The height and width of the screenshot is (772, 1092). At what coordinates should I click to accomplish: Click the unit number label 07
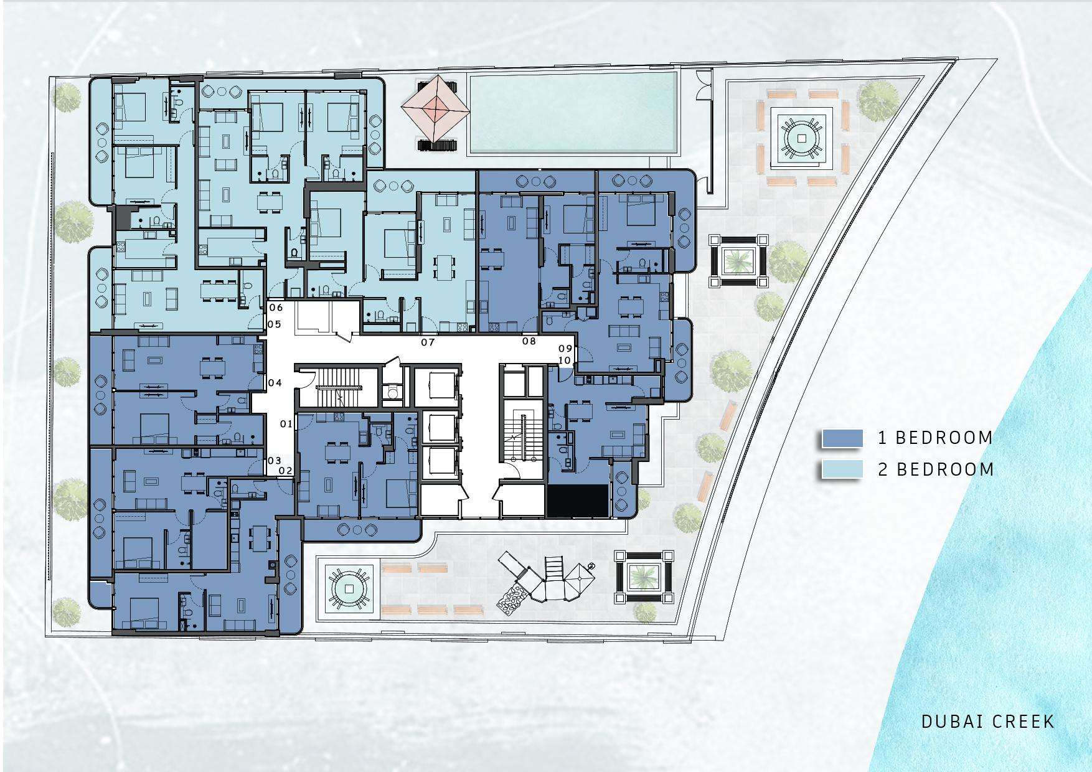click(428, 342)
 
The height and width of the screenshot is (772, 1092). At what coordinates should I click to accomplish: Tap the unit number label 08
click(529, 341)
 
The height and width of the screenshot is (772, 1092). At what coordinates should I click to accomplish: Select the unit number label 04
click(275, 383)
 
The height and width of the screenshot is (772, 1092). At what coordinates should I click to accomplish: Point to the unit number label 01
click(286, 424)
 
